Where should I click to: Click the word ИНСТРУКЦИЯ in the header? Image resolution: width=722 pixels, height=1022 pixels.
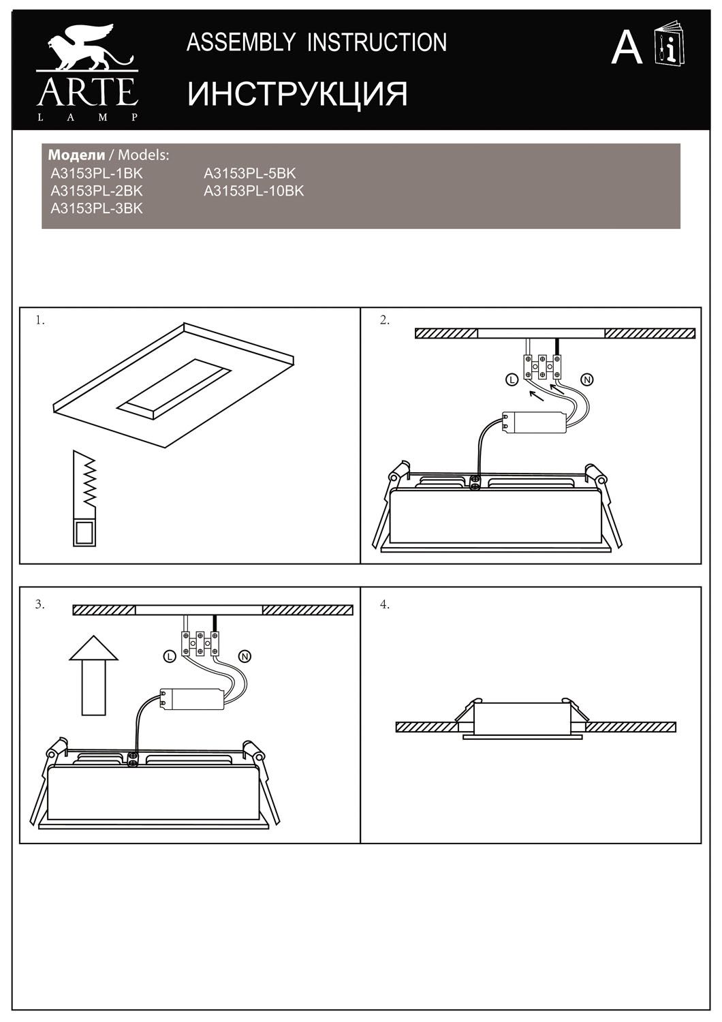297,95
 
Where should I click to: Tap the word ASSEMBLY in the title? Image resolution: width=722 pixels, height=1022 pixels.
241,42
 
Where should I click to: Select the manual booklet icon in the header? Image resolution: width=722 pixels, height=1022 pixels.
670,44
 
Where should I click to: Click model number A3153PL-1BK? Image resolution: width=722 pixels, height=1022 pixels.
97,173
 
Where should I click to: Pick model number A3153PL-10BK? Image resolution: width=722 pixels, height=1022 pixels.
253,191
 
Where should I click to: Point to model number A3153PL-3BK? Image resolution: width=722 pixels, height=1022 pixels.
97,208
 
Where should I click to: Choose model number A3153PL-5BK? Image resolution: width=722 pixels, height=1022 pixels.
249,173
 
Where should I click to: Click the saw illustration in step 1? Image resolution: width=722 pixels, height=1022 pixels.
84,498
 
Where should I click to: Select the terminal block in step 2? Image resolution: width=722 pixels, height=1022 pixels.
542,367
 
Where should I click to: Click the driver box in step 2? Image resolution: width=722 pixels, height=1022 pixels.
534,422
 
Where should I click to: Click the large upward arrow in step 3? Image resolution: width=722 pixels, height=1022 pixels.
93,675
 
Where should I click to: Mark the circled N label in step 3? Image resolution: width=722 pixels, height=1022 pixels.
245,657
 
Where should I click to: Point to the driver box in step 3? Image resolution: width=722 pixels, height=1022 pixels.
192,699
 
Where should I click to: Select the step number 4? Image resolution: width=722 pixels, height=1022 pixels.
384,605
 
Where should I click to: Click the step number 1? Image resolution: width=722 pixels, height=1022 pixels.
40,321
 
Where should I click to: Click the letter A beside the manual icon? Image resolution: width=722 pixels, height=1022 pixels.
627,48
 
